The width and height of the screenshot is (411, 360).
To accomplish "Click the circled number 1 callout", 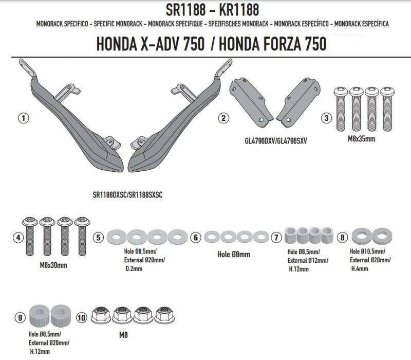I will coord(23,118).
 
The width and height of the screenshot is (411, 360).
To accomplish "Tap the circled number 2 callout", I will coord(223,118).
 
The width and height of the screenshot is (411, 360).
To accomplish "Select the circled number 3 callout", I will coord(326,118).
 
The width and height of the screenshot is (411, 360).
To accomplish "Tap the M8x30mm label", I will coord(53,265).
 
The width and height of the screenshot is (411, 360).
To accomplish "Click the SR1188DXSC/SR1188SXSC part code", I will coord(127,195).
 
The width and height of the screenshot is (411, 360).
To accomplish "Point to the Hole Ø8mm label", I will coord(234,254).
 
